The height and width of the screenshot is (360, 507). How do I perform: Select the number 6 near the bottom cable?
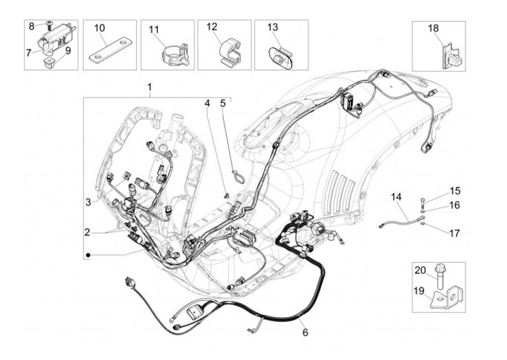304,332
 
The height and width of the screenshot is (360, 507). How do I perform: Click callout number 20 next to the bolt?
421,271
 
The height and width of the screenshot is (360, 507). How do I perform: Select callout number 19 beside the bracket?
421,290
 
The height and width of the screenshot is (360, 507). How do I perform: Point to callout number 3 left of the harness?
89,202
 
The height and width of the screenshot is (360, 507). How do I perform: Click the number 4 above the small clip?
207,104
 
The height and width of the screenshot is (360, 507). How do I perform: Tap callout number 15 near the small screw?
455,191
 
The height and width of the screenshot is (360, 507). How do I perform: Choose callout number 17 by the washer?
455,232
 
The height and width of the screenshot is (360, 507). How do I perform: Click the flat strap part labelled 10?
106,54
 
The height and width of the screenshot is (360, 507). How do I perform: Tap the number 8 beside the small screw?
31,25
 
